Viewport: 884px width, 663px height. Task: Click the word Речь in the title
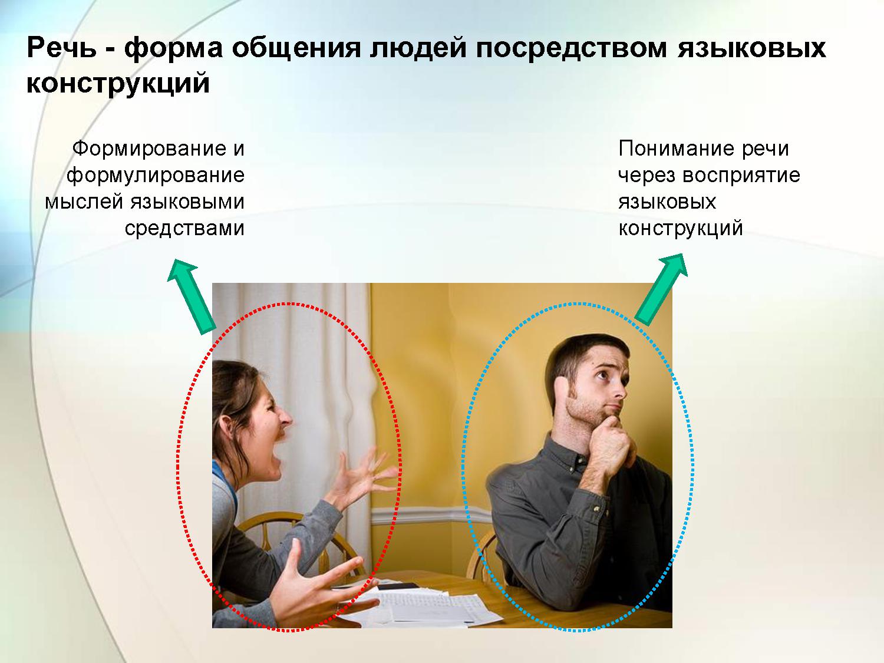click(x=62, y=48)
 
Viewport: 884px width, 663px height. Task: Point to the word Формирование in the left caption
click(x=149, y=149)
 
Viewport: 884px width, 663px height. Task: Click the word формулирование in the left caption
click(x=156, y=176)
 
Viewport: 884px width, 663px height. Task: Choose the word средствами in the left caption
click(x=184, y=229)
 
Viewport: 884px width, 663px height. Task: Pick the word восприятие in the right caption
click(x=741, y=176)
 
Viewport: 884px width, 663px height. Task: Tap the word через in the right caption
click(x=646, y=176)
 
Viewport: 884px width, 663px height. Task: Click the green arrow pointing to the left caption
click(x=190, y=296)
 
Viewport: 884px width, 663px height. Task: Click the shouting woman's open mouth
click(x=276, y=456)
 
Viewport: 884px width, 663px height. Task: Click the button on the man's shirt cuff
click(x=595, y=509)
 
